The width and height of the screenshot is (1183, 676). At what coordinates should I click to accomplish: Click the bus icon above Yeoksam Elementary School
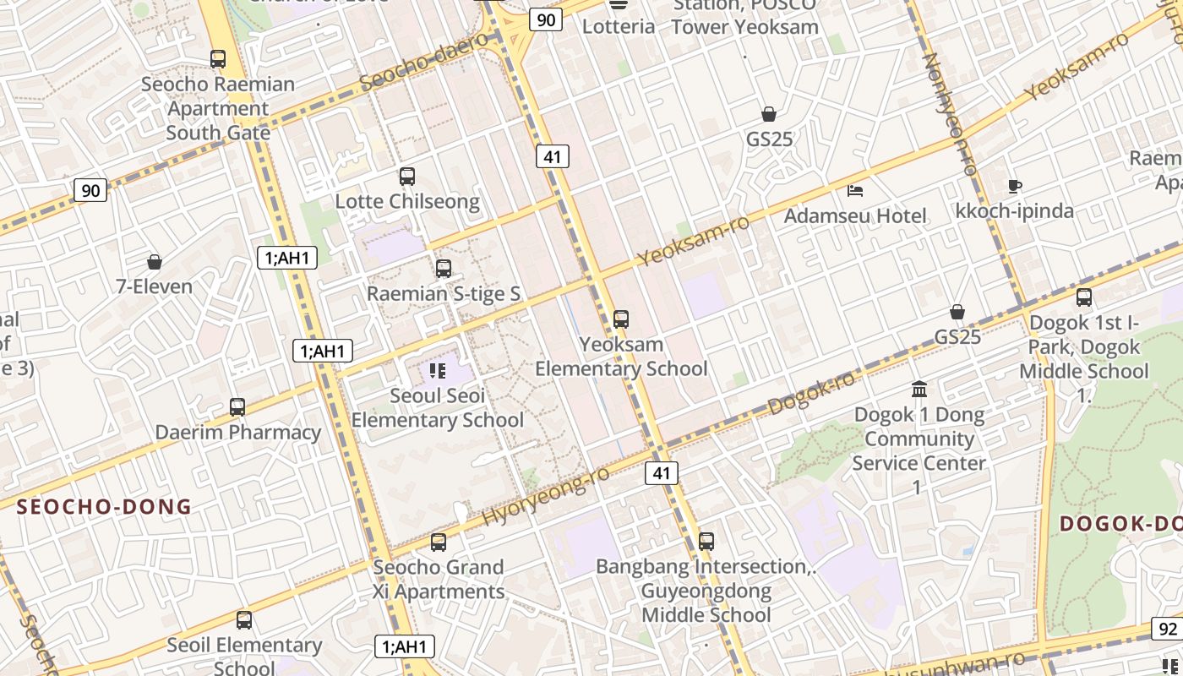coord(621,319)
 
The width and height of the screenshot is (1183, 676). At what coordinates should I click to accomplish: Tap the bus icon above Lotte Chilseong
coord(407,177)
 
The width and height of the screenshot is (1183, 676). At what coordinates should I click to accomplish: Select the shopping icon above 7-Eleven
coord(154,262)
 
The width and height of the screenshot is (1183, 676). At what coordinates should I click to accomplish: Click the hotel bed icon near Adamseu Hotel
coord(855,190)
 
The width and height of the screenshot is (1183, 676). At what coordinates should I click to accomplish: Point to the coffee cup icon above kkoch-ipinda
coord(1015,186)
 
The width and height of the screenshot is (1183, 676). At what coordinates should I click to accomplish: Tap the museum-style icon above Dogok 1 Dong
coord(919,390)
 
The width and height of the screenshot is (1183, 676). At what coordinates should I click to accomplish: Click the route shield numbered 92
coord(1168,629)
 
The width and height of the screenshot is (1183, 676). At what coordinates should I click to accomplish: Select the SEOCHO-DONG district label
coord(105,507)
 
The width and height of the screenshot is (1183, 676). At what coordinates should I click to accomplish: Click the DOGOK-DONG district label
coord(1120,523)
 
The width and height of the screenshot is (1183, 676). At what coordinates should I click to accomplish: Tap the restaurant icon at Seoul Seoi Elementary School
coord(437,370)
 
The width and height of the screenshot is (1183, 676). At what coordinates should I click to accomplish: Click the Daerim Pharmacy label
coord(238,433)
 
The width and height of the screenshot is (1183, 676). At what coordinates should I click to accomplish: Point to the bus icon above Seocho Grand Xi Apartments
coord(438,542)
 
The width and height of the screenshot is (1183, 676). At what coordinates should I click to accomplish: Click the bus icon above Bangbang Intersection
coord(706,541)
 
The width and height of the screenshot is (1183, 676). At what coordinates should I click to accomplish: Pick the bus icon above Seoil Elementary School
coord(244,620)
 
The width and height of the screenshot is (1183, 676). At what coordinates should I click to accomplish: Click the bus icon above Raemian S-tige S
coord(444,269)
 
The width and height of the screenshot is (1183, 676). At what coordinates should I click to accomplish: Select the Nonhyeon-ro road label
coord(950,114)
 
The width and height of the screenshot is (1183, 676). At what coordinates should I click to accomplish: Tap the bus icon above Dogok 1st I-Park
coord(1084,297)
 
